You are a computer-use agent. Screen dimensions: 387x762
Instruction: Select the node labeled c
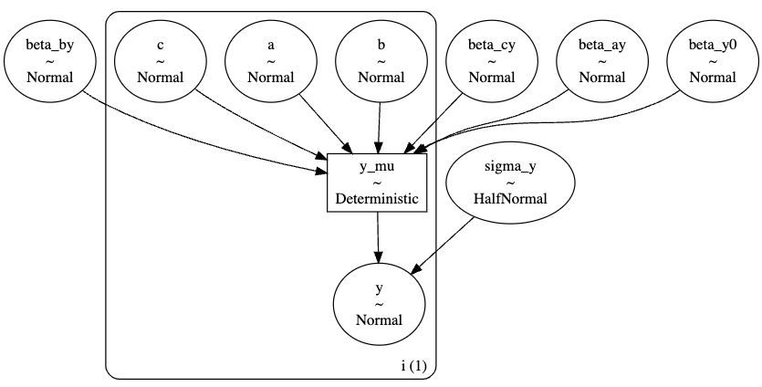coord(160,60)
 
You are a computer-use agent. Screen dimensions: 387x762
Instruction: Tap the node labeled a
coord(270,60)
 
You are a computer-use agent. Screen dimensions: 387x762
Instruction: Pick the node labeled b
coord(381,60)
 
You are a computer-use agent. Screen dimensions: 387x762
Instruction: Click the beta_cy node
coord(491,60)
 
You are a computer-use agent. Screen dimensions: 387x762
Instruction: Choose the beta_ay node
coord(602,60)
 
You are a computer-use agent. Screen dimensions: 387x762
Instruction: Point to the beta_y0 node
coord(713,60)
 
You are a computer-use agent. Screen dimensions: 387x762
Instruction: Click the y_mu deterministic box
coord(378,183)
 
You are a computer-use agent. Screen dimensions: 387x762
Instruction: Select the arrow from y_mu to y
coord(379,240)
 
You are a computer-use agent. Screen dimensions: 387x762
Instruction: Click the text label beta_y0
coord(713,44)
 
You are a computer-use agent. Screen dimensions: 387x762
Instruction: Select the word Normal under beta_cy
coord(491,77)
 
